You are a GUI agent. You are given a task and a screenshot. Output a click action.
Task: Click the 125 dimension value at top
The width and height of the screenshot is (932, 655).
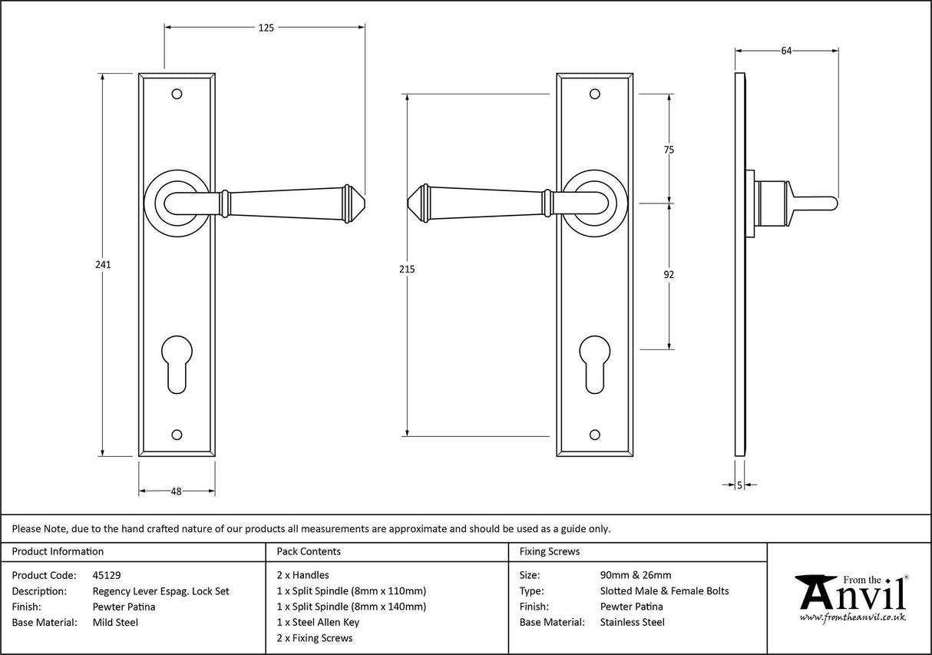coord(266,28)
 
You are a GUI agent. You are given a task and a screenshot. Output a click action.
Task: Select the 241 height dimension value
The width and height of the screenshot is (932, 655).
coord(103,264)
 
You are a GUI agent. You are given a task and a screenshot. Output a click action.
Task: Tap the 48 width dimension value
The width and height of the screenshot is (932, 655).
coord(177,491)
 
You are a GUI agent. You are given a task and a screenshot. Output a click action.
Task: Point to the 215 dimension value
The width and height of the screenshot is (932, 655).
coord(407,269)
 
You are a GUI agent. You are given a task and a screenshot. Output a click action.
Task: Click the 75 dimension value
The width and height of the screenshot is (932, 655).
coord(669,150)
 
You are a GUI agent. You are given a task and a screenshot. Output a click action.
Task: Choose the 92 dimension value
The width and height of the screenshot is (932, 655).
coord(669,274)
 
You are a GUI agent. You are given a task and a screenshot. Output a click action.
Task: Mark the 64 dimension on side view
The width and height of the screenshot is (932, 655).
coord(786,51)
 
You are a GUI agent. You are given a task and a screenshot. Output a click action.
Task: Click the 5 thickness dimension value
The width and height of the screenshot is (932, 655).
coord(739,485)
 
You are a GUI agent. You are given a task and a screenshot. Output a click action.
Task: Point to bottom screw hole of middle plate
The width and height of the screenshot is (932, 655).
coord(594,435)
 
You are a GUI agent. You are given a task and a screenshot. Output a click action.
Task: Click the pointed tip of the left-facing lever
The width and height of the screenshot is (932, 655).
coord(408,203)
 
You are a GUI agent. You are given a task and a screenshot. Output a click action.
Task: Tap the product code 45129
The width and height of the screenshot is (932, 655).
coord(106,574)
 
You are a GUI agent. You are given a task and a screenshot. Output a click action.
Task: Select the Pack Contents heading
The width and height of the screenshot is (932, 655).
coord(308,551)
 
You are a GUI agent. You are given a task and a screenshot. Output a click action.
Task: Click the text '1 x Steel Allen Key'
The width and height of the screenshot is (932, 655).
coord(317,622)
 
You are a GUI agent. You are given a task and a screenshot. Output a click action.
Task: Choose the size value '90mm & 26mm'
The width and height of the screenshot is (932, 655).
coord(635,574)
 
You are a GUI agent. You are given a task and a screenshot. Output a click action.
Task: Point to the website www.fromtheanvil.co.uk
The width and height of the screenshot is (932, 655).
coord(852,617)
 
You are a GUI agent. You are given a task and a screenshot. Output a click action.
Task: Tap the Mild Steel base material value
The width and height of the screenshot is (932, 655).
coord(115,622)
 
